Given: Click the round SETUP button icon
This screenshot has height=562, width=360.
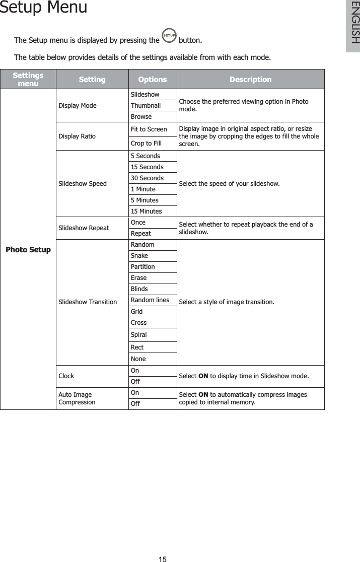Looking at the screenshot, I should click(170, 36).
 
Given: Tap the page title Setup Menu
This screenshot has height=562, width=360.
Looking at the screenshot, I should click(43, 8).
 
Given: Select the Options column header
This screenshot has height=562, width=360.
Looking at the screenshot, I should click(152, 80).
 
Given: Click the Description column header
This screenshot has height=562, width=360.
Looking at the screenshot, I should click(250, 80).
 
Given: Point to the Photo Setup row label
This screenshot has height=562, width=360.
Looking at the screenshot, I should click(28, 250).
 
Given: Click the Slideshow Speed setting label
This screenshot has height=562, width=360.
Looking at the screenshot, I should click(83, 184).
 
